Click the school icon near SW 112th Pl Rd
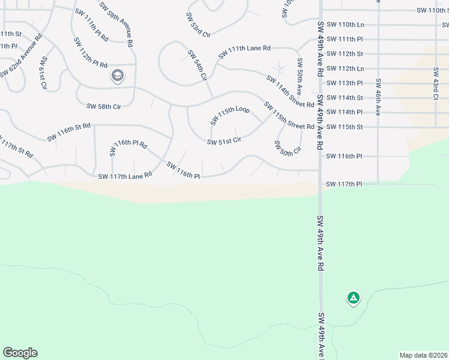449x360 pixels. click(118, 76)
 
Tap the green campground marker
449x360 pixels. click(353, 298)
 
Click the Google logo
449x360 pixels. click(20, 353)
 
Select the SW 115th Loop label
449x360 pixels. click(230, 115)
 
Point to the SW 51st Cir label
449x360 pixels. click(224, 142)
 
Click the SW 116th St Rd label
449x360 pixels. click(69, 132)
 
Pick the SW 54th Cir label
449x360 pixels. click(196, 66)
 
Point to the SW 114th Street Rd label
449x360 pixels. click(290, 92)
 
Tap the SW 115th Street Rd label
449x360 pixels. click(289, 116)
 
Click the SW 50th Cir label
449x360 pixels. click(287, 148)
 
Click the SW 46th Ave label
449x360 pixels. click(378, 96)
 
